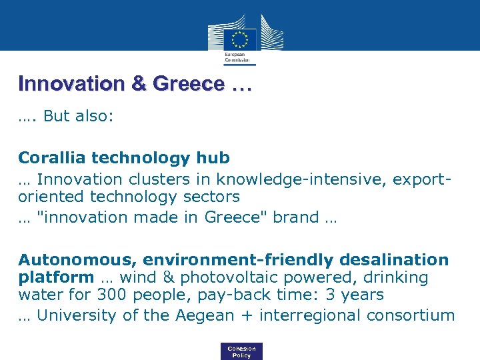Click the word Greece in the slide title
[189, 85]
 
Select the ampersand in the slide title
[141, 85]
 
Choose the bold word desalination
[394, 259]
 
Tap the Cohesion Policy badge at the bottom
[241, 351]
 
